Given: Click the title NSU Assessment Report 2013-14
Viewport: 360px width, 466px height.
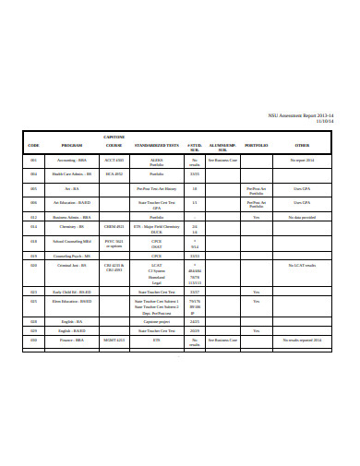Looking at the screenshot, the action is [x=301, y=114].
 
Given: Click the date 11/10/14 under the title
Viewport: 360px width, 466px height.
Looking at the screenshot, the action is [x=324, y=121].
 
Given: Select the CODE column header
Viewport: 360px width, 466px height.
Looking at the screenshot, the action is [x=33, y=146].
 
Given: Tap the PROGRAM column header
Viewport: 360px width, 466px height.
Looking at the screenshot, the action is [x=72, y=146].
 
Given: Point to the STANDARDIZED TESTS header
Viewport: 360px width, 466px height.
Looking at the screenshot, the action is [x=157, y=146].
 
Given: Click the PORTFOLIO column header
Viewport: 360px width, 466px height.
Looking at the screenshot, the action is [x=257, y=146].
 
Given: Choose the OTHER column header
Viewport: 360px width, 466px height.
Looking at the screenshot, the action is [x=303, y=146].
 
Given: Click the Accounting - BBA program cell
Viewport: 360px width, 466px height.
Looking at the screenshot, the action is [x=72, y=160].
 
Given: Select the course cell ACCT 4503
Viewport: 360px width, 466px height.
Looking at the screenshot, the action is [x=114, y=160].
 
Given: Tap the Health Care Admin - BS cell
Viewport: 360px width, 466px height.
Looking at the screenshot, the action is [x=72, y=173].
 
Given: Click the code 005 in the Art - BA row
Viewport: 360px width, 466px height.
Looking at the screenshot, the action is [x=33, y=188].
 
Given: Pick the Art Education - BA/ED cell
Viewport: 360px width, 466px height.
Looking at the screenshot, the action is [x=72, y=202].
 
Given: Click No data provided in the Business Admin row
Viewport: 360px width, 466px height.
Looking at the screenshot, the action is [x=303, y=217].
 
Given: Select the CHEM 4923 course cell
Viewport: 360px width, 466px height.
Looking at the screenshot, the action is [x=114, y=226].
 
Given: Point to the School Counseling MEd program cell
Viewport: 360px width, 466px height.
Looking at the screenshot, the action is [x=72, y=240].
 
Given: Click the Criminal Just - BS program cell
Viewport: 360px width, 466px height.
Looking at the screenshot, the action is [x=72, y=265].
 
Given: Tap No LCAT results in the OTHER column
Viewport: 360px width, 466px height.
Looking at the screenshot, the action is [x=303, y=265].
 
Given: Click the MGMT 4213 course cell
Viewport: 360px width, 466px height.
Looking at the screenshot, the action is [x=114, y=340].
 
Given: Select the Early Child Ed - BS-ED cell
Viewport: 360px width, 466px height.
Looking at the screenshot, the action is [x=72, y=292].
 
